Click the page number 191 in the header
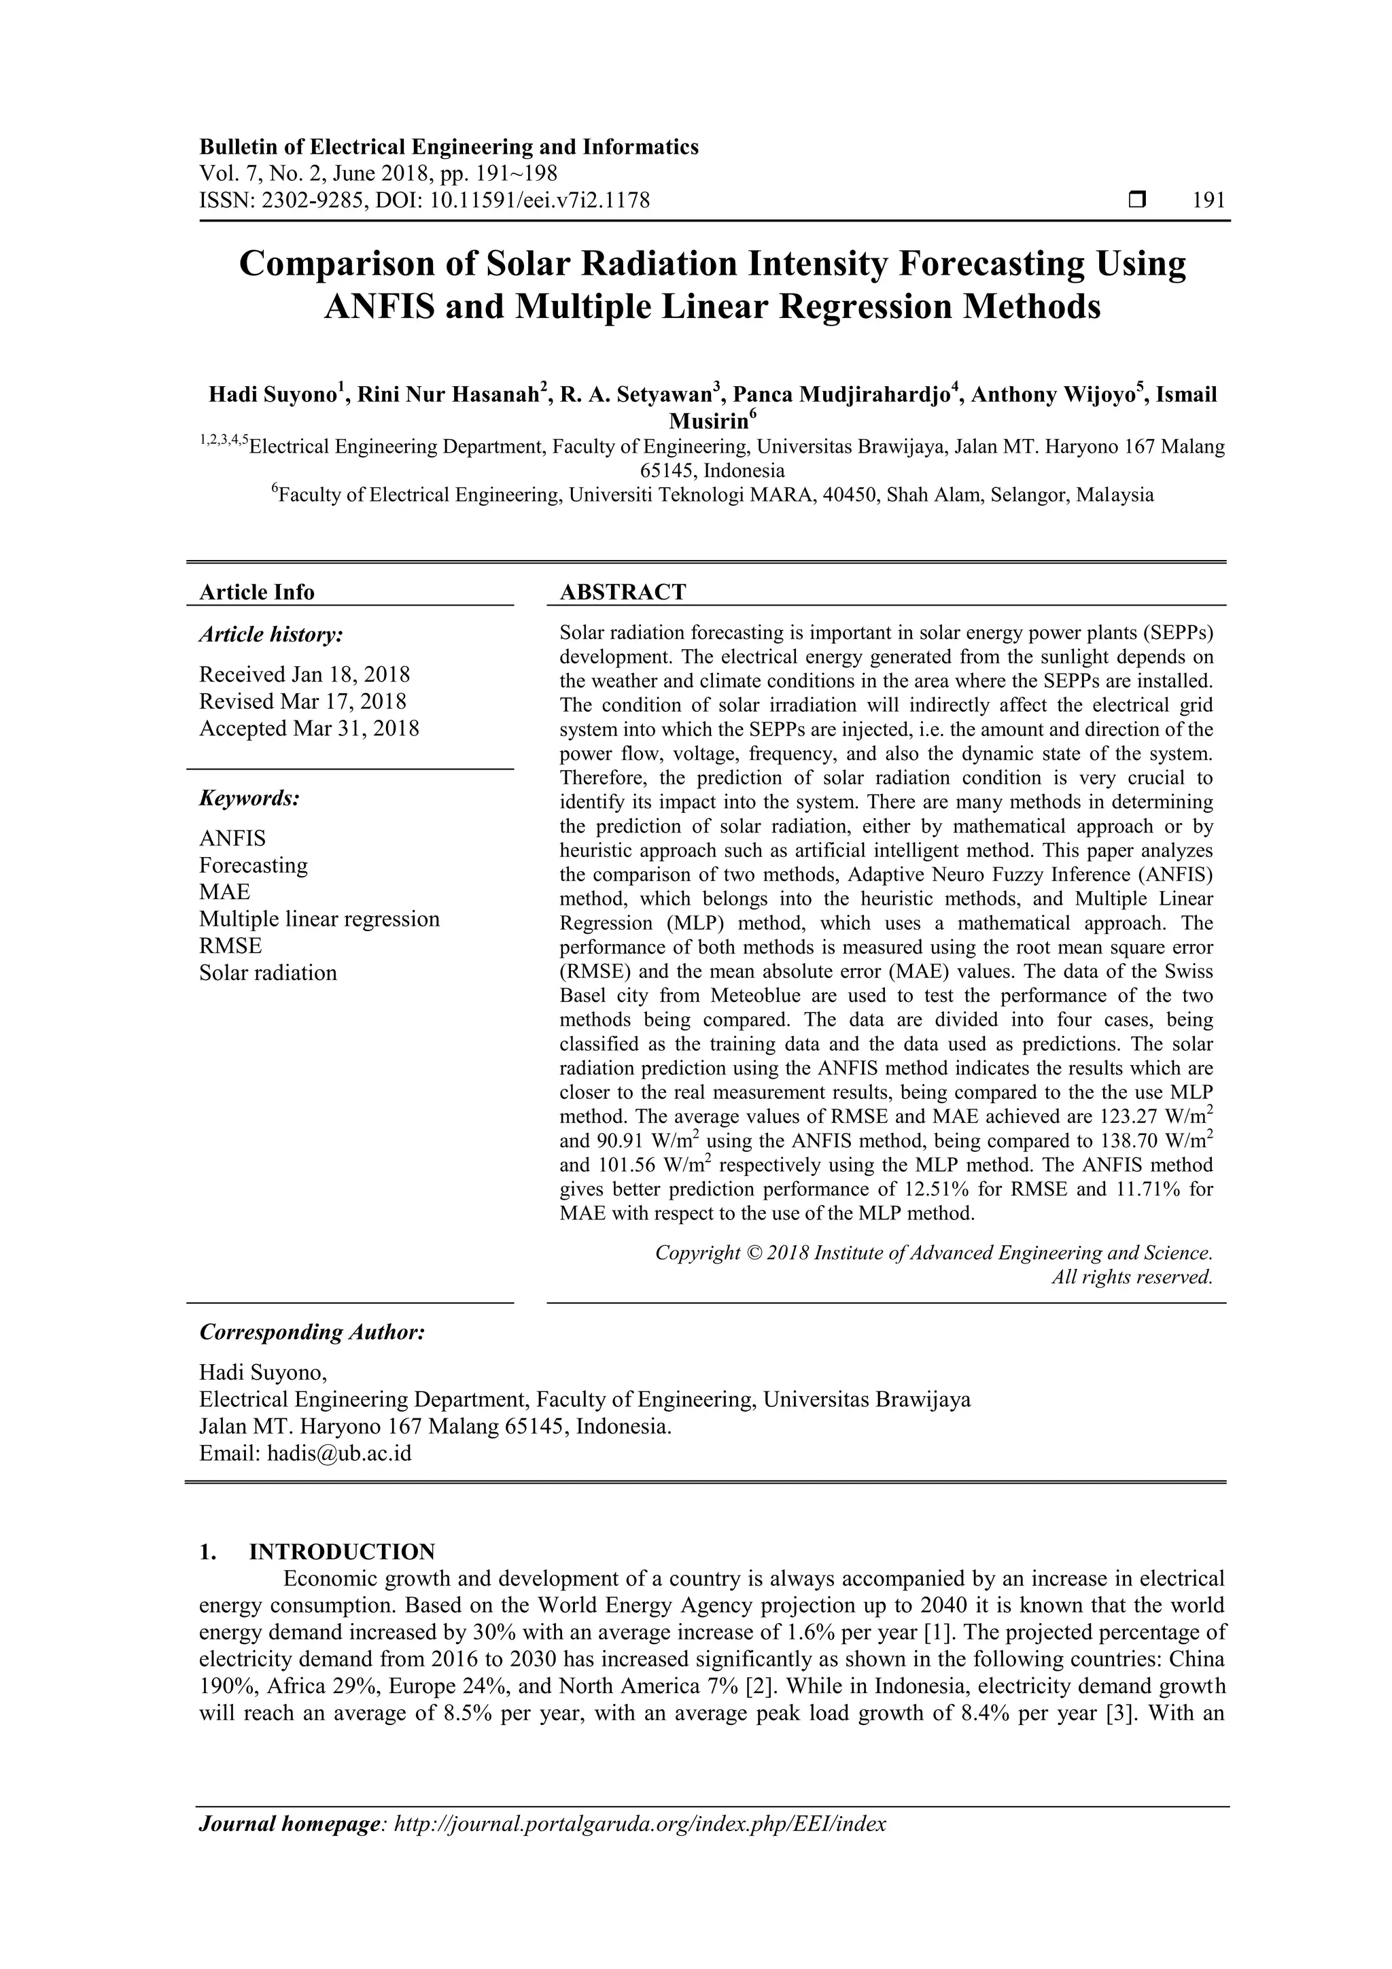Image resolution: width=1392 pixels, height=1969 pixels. pos(1208,201)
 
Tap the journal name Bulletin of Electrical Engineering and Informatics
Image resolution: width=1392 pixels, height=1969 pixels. pos(449,147)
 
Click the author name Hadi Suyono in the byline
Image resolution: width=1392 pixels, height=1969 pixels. pos(272,396)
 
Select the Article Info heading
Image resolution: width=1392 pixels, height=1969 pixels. pos(256,592)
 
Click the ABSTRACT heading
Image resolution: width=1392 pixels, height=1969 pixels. pos(623,592)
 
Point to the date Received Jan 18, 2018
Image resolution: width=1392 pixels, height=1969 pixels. pos(304,674)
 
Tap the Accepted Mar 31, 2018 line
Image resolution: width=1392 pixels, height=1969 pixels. pos(309,728)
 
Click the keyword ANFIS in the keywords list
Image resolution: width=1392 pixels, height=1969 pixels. pos(232,838)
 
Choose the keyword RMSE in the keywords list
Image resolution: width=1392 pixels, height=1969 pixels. pos(230,946)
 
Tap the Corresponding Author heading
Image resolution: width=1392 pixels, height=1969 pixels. pos(312,1332)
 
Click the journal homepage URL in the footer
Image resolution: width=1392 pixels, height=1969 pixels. pos(639,1824)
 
